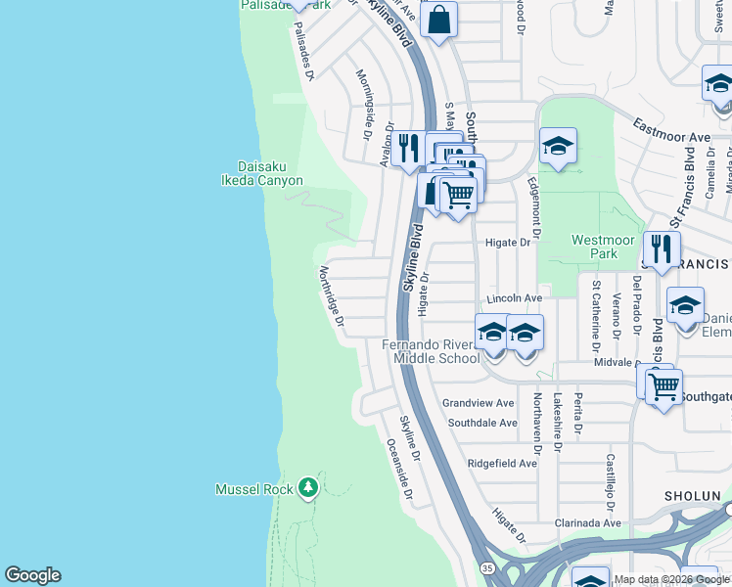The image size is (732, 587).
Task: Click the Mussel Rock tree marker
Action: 308,486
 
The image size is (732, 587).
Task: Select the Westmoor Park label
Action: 595,247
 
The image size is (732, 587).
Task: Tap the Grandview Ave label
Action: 478,403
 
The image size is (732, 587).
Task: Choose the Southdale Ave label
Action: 481,423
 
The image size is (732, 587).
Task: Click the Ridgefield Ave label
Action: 502,463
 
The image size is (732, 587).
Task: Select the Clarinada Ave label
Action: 584,522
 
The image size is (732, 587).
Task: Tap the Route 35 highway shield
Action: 486,568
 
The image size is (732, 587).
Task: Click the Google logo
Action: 32,575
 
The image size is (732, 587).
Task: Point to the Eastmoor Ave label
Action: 671,132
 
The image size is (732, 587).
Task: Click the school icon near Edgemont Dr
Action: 558,147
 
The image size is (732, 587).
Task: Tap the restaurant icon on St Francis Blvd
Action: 663,249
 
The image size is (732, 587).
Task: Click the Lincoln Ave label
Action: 514,297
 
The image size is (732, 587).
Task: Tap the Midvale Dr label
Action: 615,362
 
